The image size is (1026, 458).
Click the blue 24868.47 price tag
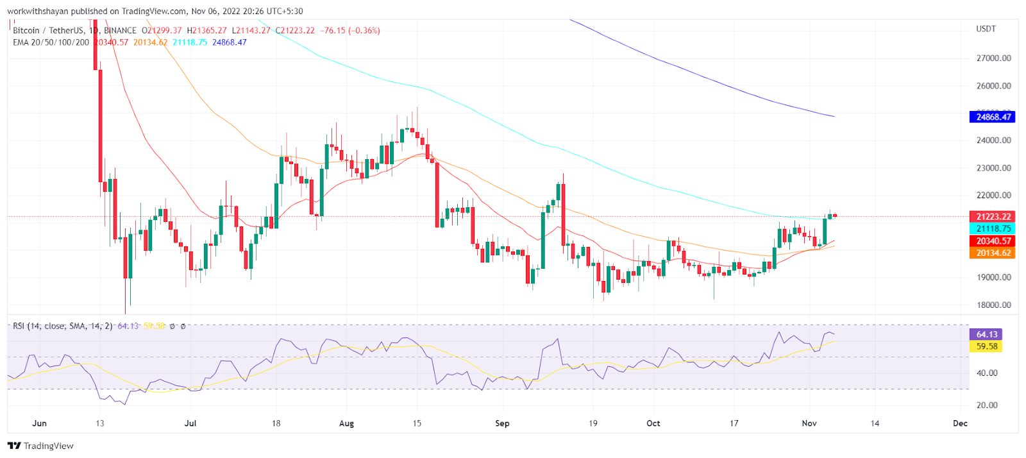point(992,117)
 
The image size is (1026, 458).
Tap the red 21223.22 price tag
point(992,217)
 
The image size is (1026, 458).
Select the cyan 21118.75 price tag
point(992,228)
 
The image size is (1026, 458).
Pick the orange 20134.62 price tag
point(992,253)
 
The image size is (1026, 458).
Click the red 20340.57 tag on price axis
point(992,241)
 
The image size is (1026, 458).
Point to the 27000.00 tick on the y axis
point(993,58)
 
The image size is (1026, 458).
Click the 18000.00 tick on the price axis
point(993,305)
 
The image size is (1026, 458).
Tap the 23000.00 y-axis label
point(993,168)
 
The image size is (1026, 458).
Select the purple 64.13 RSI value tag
point(986,334)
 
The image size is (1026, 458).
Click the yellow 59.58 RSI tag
point(986,346)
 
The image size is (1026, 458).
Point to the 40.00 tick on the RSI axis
point(987,373)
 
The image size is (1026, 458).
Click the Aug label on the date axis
point(346,423)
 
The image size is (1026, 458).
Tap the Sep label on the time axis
point(502,423)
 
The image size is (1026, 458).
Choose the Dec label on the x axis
point(960,423)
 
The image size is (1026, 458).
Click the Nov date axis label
point(809,423)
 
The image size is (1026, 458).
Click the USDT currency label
point(986,29)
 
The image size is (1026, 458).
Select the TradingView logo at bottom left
point(40,446)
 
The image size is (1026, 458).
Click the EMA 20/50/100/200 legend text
point(51,42)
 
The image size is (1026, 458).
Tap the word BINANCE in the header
point(120,30)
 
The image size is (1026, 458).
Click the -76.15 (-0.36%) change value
point(351,30)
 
